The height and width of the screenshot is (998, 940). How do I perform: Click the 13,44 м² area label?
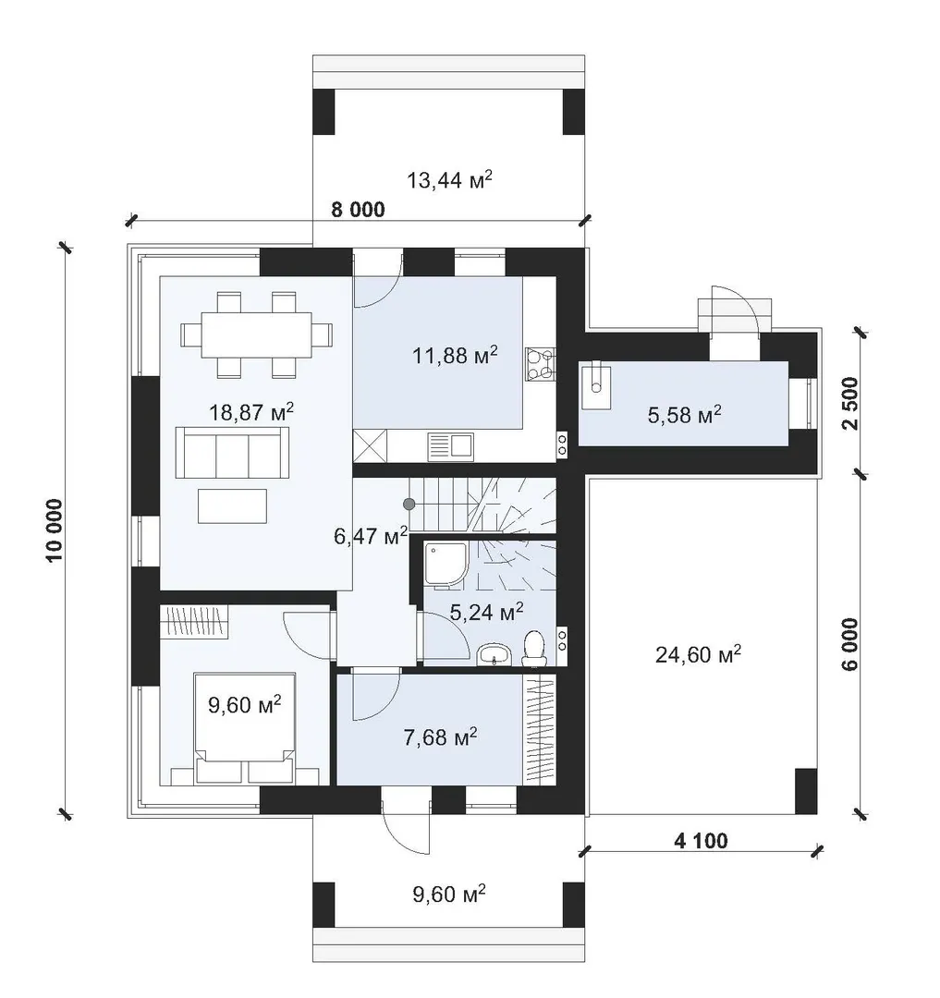449,180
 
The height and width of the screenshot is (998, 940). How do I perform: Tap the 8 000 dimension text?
359,210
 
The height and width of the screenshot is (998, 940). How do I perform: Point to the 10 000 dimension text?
55,530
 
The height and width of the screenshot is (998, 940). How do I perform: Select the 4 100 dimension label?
701,841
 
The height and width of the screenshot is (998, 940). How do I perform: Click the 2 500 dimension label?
850,404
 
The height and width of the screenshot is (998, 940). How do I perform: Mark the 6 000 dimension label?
850,643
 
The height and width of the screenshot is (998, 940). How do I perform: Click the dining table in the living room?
256,335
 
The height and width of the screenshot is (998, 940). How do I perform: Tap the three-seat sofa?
232,452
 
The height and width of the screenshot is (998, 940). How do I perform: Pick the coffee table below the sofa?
232,505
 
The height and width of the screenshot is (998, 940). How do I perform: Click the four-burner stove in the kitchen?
541,363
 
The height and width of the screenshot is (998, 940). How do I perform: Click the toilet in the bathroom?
534,649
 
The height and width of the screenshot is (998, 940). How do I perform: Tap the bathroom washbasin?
494,654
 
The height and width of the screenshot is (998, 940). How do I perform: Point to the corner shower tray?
446,563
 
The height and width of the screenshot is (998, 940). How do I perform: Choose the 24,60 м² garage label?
698,653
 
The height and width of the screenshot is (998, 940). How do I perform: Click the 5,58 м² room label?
685,415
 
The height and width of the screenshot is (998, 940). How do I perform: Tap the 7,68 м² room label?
440,737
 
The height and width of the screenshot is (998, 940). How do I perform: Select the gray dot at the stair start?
409,505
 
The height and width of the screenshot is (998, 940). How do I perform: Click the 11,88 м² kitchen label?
455,355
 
